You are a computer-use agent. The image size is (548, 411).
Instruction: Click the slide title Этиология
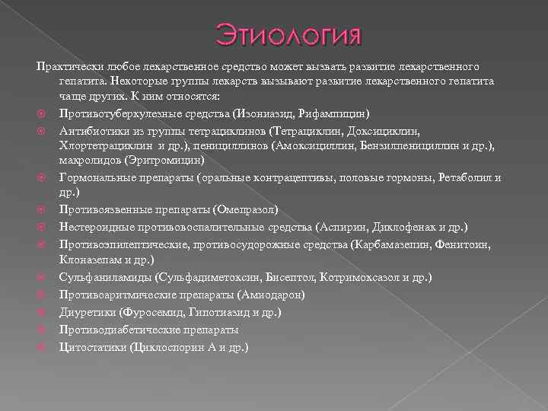tap(288, 35)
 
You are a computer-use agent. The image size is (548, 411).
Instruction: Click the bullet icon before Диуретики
tap(43, 313)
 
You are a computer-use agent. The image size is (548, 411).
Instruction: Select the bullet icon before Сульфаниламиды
tap(43, 278)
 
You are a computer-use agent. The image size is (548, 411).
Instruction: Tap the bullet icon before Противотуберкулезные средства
tap(43, 114)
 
